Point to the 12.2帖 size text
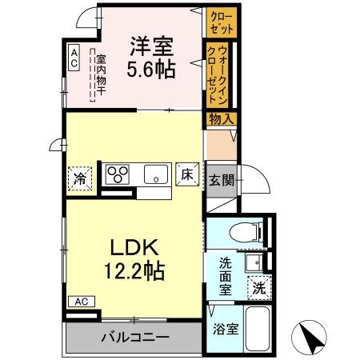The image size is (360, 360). pyautogui.click(x=134, y=271)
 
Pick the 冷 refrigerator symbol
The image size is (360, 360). pyautogui.click(x=81, y=176)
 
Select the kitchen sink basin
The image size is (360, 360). pyautogui.click(x=154, y=174)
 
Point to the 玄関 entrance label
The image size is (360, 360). pyautogui.click(x=222, y=180)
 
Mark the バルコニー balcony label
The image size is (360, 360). pyautogui.click(x=134, y=337)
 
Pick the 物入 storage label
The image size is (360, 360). pyautogui.click(x=222, y=119)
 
